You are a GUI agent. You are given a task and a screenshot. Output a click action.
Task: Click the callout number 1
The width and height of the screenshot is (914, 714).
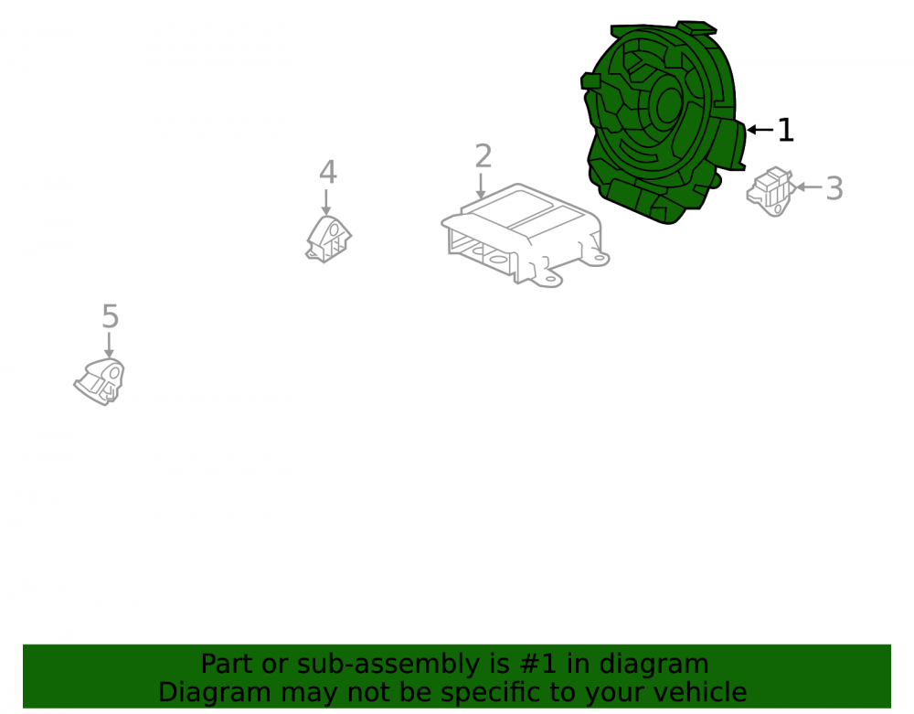(x=786, y=130)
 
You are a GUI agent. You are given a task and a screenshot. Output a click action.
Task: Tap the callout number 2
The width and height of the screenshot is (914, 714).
(x=484, y=156)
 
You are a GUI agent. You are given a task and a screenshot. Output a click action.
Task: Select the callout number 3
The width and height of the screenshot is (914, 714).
(x=834, y=188)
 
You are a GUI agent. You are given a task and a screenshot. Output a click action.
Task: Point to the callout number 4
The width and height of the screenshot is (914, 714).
(x=328, y=172)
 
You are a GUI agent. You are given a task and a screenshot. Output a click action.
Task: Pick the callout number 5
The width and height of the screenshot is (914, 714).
(x=111, y=316)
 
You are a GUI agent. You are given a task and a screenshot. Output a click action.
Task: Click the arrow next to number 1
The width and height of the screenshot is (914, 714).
(x=760, y=130)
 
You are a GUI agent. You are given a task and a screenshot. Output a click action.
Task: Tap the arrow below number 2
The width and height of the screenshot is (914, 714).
(x=481, y=186)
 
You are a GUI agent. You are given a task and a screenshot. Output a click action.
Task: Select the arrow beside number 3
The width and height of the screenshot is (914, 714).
(x=809, y=187)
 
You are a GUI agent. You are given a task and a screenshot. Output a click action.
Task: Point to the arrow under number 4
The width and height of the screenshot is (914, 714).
(x=326, y=202)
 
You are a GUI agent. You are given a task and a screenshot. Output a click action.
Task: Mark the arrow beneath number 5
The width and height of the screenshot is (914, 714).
(x=109, y=345)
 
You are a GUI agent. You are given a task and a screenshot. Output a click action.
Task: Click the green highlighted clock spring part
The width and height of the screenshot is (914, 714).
(x=662, y=123)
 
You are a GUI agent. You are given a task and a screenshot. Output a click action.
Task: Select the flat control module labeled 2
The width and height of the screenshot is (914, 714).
(x=525, y=235)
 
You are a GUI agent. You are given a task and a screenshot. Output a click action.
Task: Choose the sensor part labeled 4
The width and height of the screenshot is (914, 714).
(x=328, y=239)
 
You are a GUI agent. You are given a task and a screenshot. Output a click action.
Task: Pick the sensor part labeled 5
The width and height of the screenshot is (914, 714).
(x=100, y=382)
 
